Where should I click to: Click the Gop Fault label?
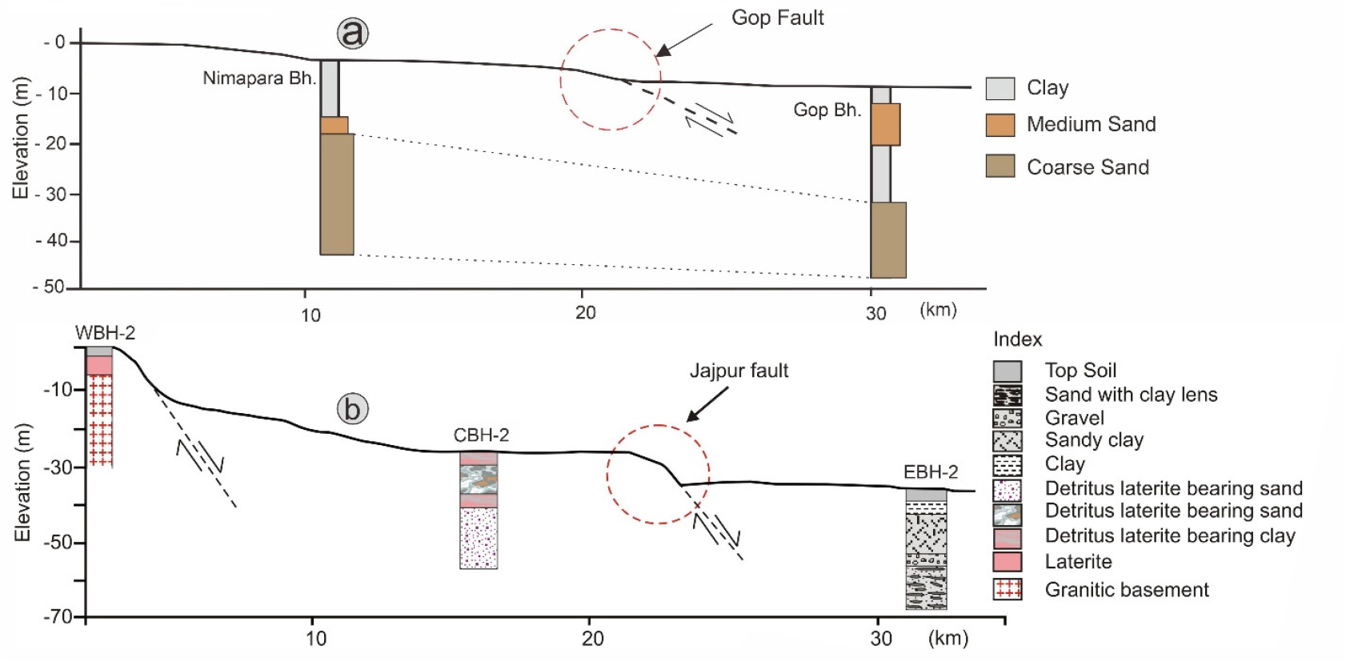(x=777, y=18)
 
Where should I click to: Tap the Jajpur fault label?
(x=739, y=371)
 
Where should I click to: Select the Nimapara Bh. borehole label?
(x=259, y=78)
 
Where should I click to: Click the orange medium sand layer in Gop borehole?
(x=885, y=124)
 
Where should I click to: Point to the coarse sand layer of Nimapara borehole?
(x=337, y=194)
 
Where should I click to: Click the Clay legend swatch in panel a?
(x=1000, y=88)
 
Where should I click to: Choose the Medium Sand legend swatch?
(x=1000, y=125)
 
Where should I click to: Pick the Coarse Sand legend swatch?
(x=1000, y=166)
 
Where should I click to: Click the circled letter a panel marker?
(x=353, y=34)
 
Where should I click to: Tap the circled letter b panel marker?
(x=352, y=408)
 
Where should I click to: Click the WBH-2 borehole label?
(x=105, y=333)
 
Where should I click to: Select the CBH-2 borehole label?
(x=481, y=435)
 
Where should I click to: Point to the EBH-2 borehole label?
(x=931, y=472)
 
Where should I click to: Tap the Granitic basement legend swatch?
(x=1007, y=590)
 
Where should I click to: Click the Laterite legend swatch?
(x=1007, y=561)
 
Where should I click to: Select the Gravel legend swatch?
(x=1007, y=418)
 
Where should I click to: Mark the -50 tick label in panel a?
(x=50, y=287)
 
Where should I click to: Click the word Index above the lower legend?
(x=1017, y=339)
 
